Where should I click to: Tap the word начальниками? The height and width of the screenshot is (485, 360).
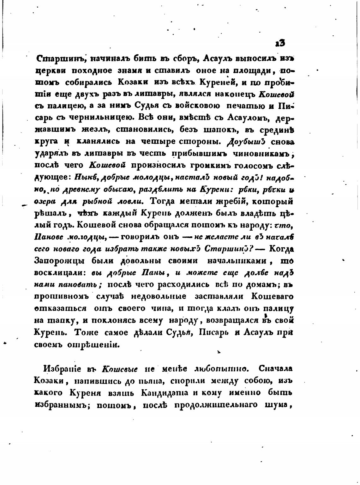[239, 261]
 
